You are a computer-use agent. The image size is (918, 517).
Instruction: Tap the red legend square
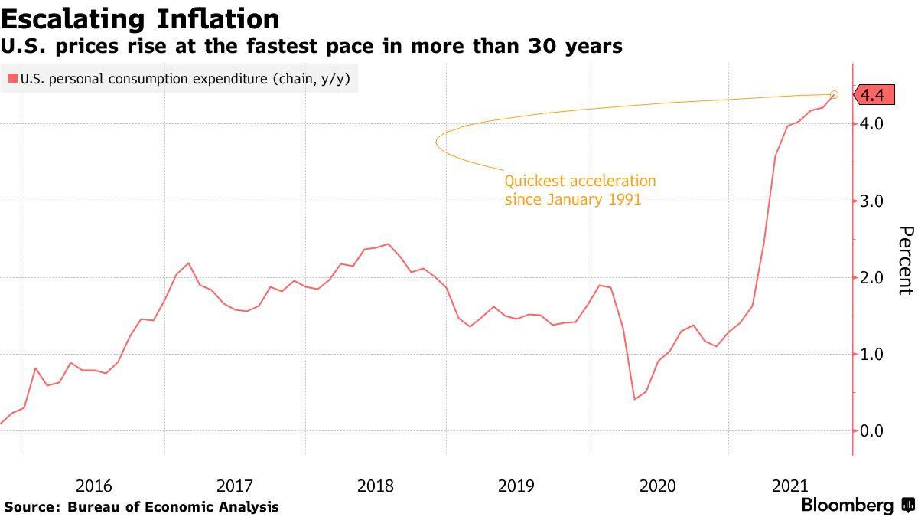tap(12, 77)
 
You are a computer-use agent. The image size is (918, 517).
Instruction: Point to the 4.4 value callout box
tap(872, 95)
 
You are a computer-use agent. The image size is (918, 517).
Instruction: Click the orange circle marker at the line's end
tap(834, 94)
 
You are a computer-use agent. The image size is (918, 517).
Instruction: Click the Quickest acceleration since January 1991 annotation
tap(580, 190)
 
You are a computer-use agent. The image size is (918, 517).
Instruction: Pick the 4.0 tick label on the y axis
tap(872, 123)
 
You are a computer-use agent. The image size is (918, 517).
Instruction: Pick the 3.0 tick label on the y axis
tap(872, 201)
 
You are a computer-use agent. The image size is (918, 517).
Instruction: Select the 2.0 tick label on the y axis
tap(872, 277)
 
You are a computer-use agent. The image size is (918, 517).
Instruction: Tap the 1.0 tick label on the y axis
tap(872, 354)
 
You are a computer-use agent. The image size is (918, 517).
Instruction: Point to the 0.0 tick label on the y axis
tap(872, 431)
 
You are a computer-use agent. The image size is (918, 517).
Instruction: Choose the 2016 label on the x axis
tap(94, 486)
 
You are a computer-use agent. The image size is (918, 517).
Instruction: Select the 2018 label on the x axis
tap(376, 486)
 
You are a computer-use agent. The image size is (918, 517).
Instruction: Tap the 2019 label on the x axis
tap(516, 486)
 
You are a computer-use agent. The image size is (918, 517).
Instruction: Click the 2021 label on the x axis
tap(790, 486)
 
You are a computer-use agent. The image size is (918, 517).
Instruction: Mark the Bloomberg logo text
tap(848, 506)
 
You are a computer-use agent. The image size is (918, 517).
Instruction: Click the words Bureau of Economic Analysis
tap(174, 507)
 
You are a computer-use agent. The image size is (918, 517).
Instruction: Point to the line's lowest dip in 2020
tap(635, 399)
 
